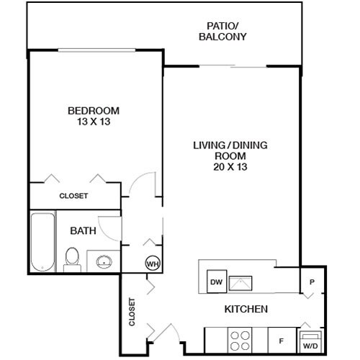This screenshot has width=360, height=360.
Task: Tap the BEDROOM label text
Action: pos(93,111)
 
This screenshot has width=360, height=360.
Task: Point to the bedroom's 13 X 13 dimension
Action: pos(93,122)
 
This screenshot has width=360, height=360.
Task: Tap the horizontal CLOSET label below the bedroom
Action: pos(73,196)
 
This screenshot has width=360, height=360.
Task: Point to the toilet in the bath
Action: pos(72,258)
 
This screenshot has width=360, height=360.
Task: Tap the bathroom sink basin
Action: pos(103,261)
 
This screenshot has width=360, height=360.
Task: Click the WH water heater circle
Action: pos(153,264)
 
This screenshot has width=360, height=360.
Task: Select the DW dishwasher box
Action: pos(215,282)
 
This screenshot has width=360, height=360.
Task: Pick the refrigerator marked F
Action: pos(281,338)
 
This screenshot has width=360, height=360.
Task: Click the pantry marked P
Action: pos(312,282)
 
